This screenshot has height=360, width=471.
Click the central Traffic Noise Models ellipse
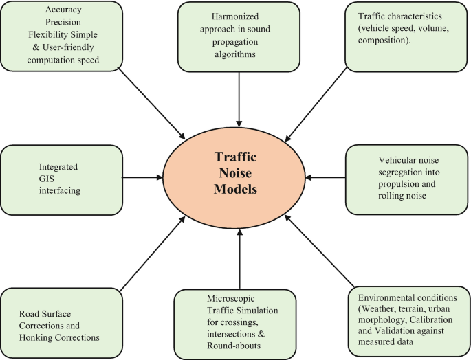(236, 177)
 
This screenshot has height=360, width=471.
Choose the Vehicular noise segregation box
(408, 179)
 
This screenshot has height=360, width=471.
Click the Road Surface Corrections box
(60, 322)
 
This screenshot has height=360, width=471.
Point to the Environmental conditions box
(408, 319)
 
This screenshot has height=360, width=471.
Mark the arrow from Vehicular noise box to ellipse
(326, 178)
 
